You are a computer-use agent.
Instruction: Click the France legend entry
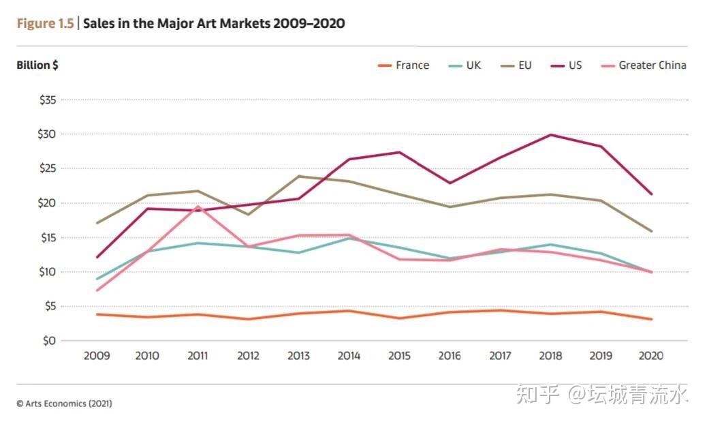[x=403, y=65]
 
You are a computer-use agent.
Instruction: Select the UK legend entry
[x=465, y=65]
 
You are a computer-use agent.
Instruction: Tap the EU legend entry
[x=516, y=65]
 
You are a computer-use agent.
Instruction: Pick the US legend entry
[x=566, y=65]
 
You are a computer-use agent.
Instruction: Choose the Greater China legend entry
[x=644, y=65]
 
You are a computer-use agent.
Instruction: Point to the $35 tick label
[x=48, y=100]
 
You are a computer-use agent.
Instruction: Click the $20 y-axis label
[x=47, y=203]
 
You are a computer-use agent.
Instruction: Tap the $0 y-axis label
[x=49, y=341]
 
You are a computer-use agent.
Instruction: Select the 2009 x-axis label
[x=97, y=356]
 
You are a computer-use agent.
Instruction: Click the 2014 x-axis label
[x=349, y=356]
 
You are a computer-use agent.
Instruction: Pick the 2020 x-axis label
[x=651, y=356]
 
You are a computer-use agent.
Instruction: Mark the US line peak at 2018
[x=550, y=135]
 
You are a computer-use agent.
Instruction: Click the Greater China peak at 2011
[x=198, y=206]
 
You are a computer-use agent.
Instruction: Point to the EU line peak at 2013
[x=299, y=176]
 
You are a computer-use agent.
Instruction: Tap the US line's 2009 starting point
[x=97, y=257]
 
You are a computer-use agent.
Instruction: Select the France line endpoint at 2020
[x=651, y=319]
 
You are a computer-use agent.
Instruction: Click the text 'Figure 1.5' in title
[x=45, y=23]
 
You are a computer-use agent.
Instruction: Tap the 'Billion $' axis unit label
[x=37, y=65]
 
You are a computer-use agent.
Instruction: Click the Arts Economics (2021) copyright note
[x=65, y=404]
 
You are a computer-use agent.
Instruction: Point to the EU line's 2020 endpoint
[x=651, y=231]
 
